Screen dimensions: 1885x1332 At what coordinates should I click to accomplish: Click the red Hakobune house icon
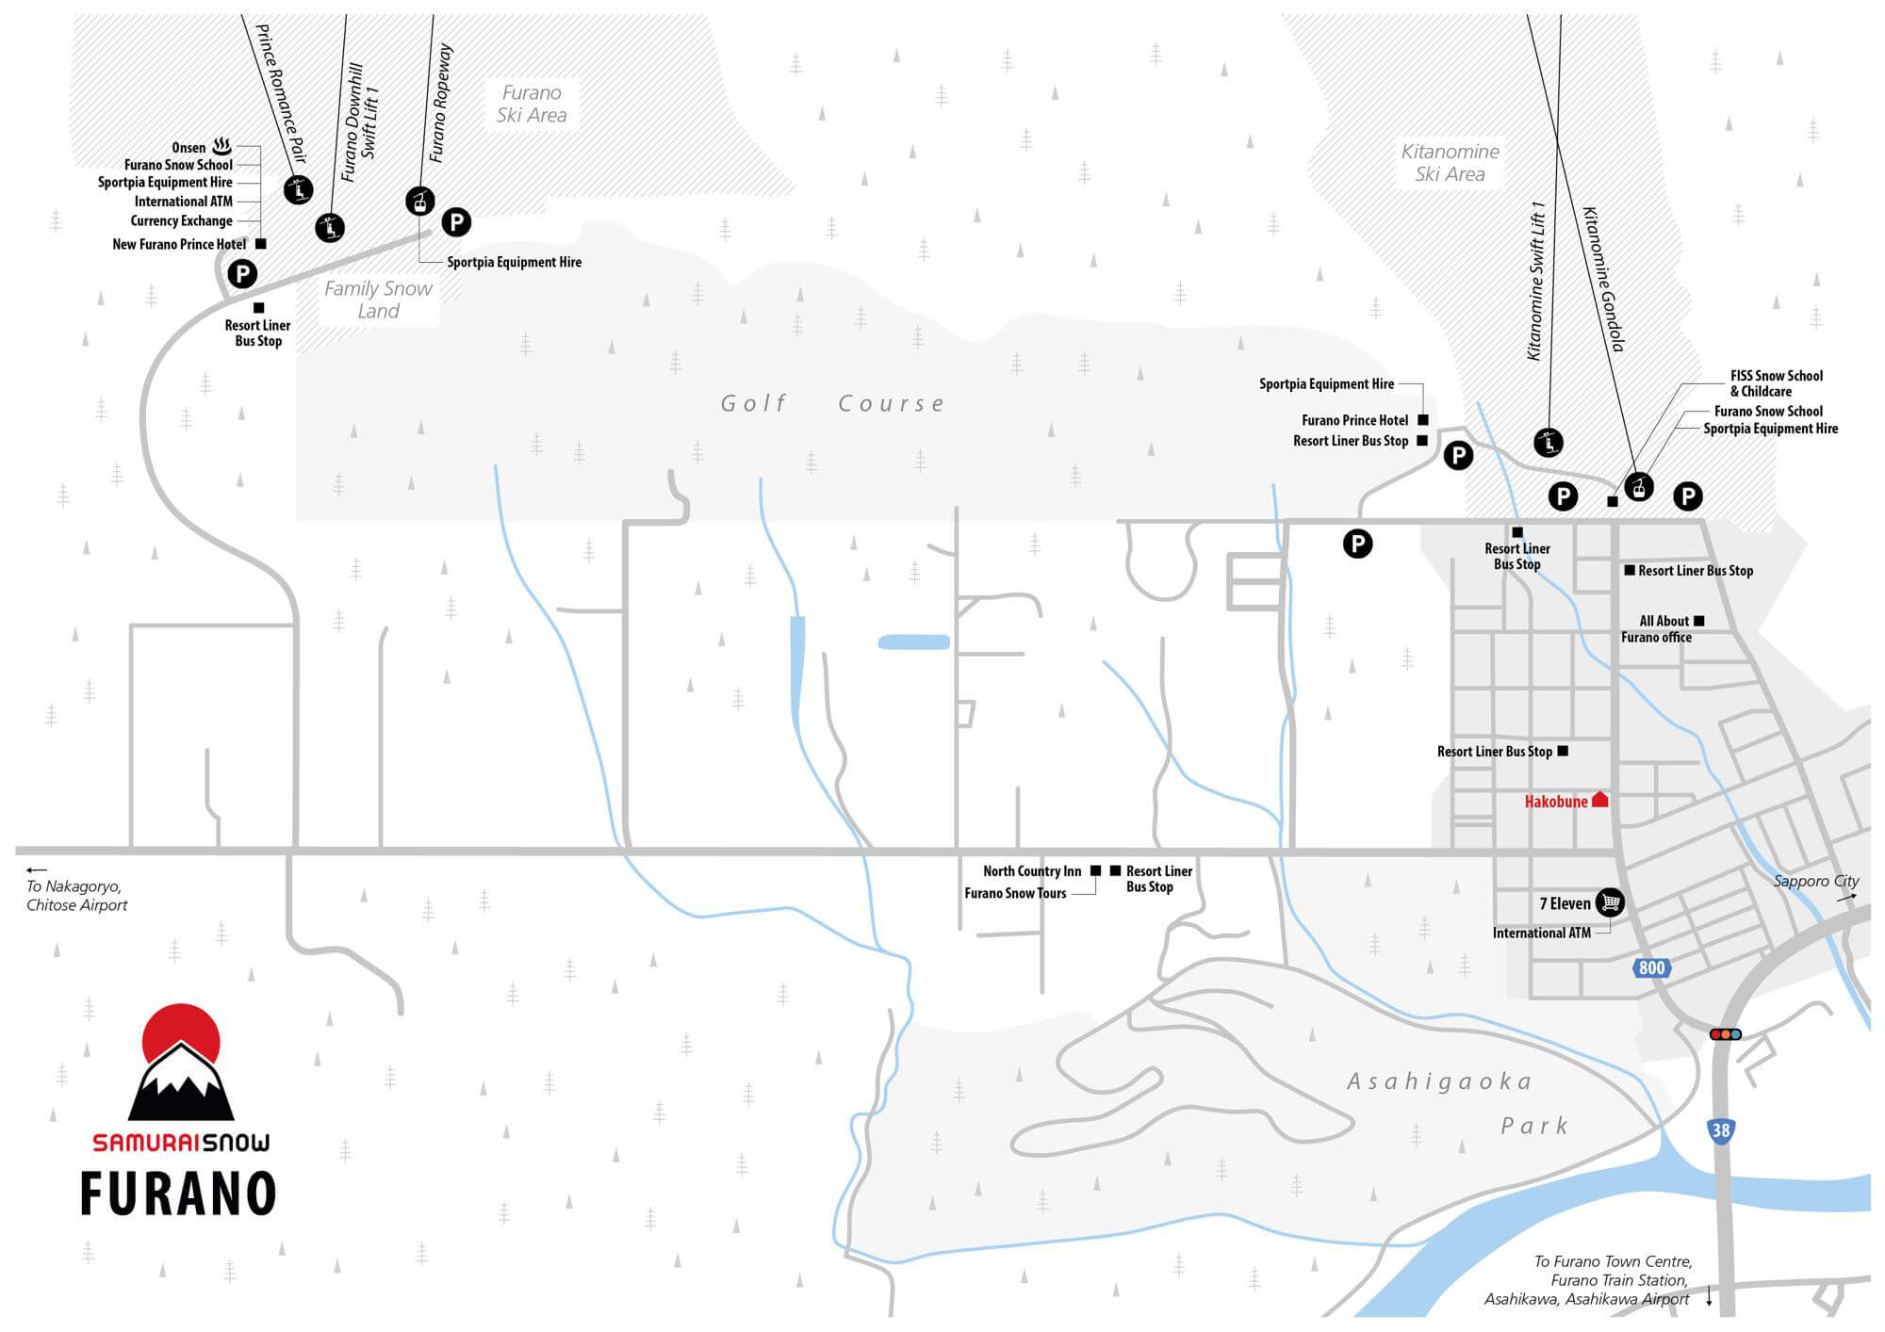point(1599,800)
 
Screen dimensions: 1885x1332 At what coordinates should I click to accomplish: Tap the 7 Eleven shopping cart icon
point(1610,902)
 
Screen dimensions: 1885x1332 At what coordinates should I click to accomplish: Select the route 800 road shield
point(1651,967)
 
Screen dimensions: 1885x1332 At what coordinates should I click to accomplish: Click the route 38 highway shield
point(1721,1130)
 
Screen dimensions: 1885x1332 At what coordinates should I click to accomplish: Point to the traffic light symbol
point(1725,1034)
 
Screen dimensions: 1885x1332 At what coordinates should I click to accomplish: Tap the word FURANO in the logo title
point(178,1194)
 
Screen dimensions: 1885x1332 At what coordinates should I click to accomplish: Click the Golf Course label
point(832,403)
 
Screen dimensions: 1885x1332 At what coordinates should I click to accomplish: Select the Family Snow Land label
point(378,300)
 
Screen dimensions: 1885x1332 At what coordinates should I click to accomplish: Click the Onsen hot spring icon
point(222,146)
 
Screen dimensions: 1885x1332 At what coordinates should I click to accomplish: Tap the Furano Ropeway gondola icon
point(420,201)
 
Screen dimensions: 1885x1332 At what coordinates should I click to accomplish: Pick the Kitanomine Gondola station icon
point(1640,487)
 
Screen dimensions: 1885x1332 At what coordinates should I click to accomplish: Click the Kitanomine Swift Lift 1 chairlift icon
point(1549,441)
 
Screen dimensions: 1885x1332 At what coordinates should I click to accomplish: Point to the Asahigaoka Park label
point(1457,1103)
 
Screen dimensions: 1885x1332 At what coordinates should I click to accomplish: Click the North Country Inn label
point(1032,871)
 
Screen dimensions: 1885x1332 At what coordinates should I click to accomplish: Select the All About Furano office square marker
point(1698,621)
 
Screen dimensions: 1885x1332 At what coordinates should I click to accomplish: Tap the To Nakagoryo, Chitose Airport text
point(76,896)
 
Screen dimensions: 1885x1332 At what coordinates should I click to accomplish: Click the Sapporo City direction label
point(1816,881)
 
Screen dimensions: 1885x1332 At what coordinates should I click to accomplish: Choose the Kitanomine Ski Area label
point(1450,163)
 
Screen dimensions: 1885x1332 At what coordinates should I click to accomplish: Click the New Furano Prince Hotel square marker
point(261,244)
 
